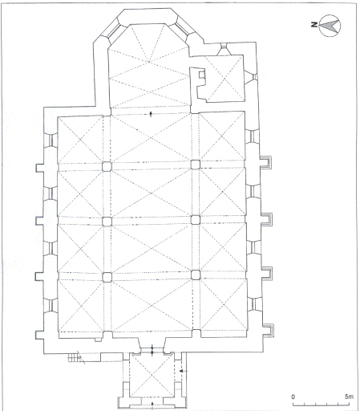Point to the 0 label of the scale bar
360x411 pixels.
point(293,396)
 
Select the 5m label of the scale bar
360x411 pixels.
point(346,396)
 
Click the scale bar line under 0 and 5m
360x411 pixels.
point(321,405)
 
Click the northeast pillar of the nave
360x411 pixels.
point(107,166)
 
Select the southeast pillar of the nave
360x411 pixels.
point(196,165)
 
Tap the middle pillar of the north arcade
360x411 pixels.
point(107,220)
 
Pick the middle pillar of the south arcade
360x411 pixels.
point(196,218)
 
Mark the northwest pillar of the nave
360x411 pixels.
point(107,277)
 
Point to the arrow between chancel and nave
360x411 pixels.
point(152,115)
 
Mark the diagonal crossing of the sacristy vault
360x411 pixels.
point(222,78)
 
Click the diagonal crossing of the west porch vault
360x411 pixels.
point(152,373)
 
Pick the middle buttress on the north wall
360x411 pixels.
point(37,219)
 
